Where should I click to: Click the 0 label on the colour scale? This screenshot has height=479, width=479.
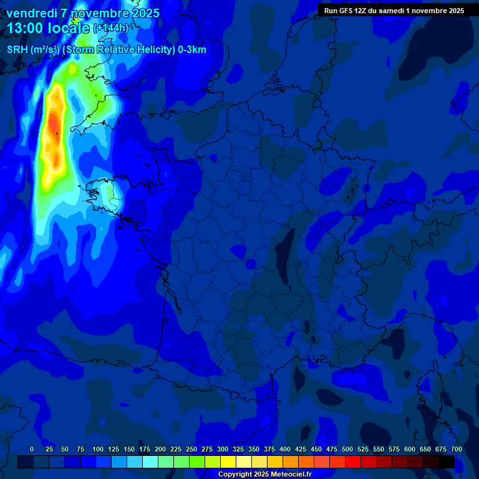point(32,449)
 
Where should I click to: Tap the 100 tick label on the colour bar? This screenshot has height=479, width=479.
point(98,449)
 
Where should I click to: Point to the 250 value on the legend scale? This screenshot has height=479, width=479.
point(191,449)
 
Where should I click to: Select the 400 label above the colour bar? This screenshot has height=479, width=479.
point(285,449)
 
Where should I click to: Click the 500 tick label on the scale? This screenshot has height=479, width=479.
point(347,449)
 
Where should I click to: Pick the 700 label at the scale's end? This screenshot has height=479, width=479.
point(456,449)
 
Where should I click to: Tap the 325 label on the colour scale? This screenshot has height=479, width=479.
point(238,449)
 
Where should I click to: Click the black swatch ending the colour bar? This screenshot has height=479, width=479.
point(447,462)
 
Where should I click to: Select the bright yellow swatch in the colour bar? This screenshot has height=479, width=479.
point(228,462)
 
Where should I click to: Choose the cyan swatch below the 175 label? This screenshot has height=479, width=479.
point(150,462)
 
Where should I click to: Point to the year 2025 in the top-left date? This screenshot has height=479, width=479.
point(141,13)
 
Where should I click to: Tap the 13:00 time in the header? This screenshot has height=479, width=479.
point(25,28)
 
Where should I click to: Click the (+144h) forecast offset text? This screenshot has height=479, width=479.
point(110,28)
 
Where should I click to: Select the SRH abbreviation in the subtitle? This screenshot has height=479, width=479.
point(17,50)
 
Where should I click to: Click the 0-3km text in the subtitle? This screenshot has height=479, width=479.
point(192,50)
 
